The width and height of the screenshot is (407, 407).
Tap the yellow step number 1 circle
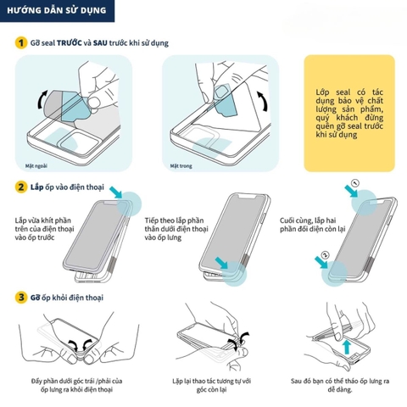pyautogui.click(x=19, y=42)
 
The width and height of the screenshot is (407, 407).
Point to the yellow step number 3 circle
pyautogui.click(x=19, y=298)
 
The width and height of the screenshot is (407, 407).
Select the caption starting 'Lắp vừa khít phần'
pyautogui.click(x=47, y=229)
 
